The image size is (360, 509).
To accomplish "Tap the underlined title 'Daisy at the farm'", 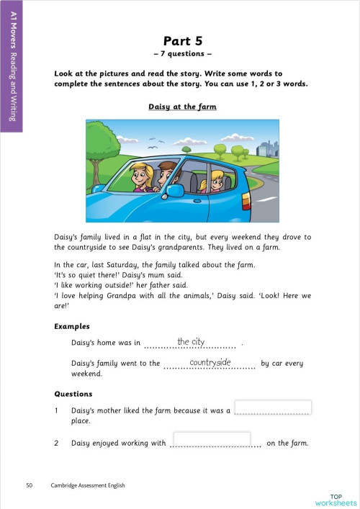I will point(182,107).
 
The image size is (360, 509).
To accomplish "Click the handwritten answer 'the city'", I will point(191,341).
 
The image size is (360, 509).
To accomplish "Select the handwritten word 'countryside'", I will point(210,363).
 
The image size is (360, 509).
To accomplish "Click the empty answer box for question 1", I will point(273,407).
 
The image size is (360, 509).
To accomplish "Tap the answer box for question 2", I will point(212,439).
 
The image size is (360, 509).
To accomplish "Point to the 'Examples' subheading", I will point(73,326).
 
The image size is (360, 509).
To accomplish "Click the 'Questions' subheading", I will point(73,394).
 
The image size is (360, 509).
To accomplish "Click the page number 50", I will point(29,485).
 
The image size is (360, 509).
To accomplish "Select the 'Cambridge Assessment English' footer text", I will point(87,485).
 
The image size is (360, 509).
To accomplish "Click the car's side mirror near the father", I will point(174,191).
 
